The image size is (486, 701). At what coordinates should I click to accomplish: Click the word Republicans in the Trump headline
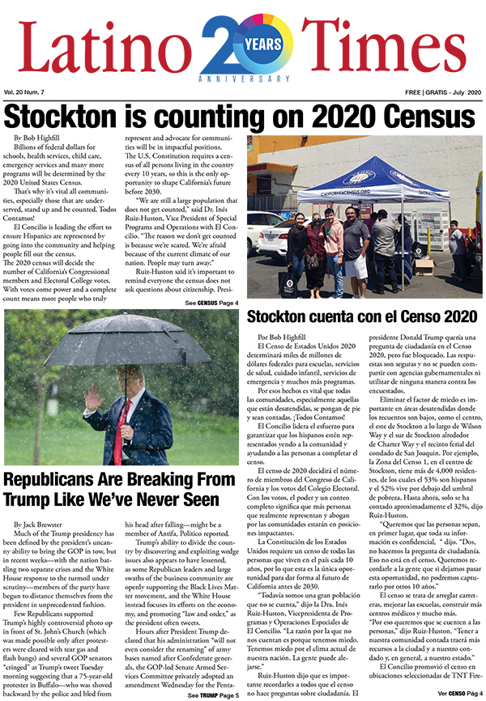(x=61, y=479)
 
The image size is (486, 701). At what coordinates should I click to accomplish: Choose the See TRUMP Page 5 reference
(x=213, y=695)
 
